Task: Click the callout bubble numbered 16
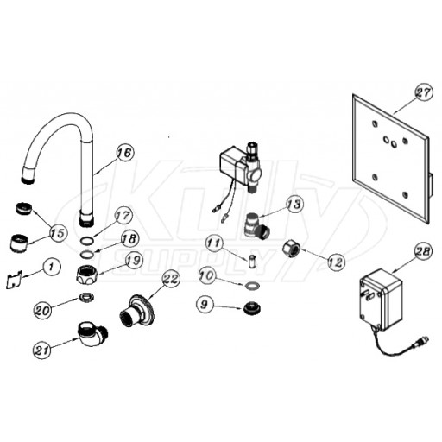click(x=125, y=153)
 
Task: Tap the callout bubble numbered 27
click(x=423, y=92)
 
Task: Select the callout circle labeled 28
click(x=423, y=251)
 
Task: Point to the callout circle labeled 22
click(x=171, y=279)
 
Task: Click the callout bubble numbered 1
click(x=52, y=267)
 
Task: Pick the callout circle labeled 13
click(x=295, y=204)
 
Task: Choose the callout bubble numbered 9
click(x=205, y=305)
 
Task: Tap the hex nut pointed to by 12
click(x=292, y=249)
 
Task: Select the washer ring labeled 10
click(x=252, y=286)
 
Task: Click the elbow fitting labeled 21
click(x=92, y=334)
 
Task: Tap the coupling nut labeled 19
click(x=86, y=275)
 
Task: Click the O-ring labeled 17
click(x=86, y=240)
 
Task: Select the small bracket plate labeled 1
click(x=14, y=279)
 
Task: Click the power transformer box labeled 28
click(x=381, y=300)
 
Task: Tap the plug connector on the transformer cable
click(x=420, y=342)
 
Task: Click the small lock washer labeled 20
click(x=85, y=297)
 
